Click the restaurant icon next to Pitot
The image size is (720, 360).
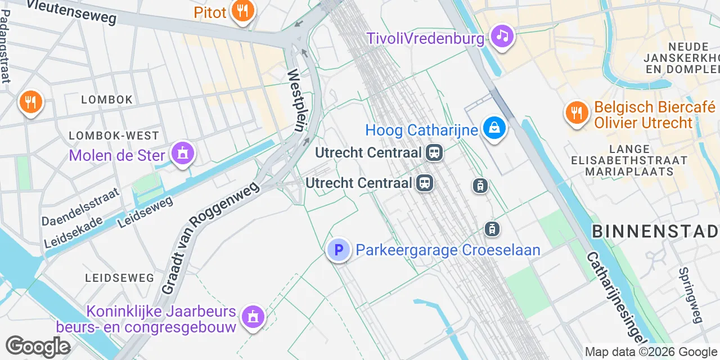click(x=242, y=11)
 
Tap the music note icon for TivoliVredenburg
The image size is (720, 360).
click(x=502, y=37)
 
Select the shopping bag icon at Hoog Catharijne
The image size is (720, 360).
click(x=494, y=128)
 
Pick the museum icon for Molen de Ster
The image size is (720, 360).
click(x=183, y=153)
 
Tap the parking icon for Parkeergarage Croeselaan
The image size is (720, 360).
click(x=339, y=250)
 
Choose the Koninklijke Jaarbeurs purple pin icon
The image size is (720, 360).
click(x=253, y=316)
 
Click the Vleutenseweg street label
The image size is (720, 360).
click(x=71, y=11)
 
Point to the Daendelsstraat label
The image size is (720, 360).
click(x=81, y=206)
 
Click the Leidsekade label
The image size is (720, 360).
click(x=73, y=232)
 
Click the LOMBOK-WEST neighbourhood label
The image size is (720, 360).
click(x=114, y=136)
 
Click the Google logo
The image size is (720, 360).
click(x=38, y=346)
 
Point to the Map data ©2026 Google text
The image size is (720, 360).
click(x=651, y=352)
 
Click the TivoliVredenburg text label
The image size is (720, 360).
click(x=425, y=38)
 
